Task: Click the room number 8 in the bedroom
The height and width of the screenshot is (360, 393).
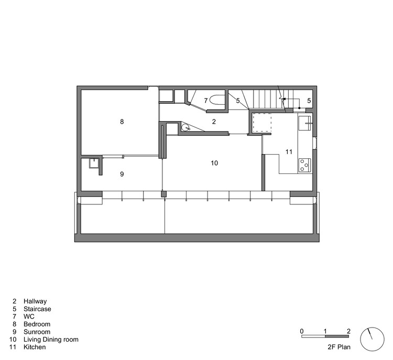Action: (x=122, y=122)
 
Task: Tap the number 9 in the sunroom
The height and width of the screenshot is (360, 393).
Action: (x=122, y=174)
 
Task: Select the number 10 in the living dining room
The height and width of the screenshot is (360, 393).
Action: (x=214, y=163)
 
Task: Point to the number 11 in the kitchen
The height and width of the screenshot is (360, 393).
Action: (x=289, y=152)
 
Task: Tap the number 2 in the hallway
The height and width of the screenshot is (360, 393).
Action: (x=214, y=122)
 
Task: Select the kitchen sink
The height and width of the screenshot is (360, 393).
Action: (x=305, y=124)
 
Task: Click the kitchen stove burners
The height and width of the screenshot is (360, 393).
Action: (x=304, y=166)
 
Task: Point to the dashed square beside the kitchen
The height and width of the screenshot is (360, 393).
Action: (x=262, y=123)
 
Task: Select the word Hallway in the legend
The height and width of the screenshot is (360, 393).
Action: (x=35, y=301)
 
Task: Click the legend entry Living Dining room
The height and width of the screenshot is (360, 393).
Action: (x=51, y=340)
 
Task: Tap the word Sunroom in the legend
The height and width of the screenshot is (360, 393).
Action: (x=37, y=332)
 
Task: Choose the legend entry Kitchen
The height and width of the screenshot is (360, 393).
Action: (x=34, y=347)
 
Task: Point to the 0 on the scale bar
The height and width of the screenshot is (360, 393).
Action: (x=302, y=331)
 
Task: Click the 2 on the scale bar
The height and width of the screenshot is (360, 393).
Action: (x=348, y=331)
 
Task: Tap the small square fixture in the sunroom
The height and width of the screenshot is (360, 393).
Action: (x=94, y=163)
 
